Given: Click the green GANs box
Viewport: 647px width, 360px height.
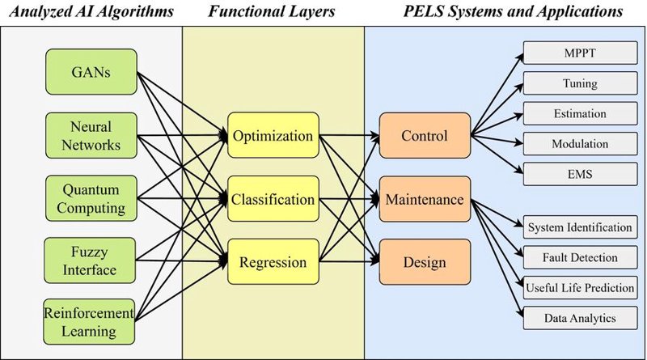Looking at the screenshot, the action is (91, 72).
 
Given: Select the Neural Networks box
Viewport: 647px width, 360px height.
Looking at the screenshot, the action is (91, 135).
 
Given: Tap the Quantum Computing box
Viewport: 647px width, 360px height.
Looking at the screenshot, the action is (91, 198).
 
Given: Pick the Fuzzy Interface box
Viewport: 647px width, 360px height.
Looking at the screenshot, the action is (90, 260).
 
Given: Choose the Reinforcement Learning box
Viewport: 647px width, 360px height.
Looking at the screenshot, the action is (89, 322).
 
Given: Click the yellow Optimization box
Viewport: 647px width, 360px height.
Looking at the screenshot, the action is (273, 135).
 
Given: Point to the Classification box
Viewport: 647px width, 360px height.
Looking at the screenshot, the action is (273, 198).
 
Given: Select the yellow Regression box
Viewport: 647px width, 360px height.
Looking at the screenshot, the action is (273, 262).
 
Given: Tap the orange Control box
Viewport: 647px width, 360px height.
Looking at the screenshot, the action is (425, 135).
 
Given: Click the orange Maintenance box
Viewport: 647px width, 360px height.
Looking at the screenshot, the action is (425, 199).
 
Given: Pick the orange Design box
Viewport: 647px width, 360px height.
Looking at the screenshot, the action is (425, 262).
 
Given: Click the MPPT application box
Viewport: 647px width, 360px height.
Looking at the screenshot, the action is (580, 53).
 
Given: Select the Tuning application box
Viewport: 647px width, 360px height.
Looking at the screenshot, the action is (580, 83).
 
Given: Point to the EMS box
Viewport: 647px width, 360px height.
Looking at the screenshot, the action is (580, 174).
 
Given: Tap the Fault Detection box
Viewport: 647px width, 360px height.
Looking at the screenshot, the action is (580, 257).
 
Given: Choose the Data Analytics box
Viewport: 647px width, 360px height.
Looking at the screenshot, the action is (580, 318).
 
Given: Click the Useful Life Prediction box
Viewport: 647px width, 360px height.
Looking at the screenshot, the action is (580, 288).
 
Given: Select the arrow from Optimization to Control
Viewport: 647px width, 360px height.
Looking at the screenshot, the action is (349, 135).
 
